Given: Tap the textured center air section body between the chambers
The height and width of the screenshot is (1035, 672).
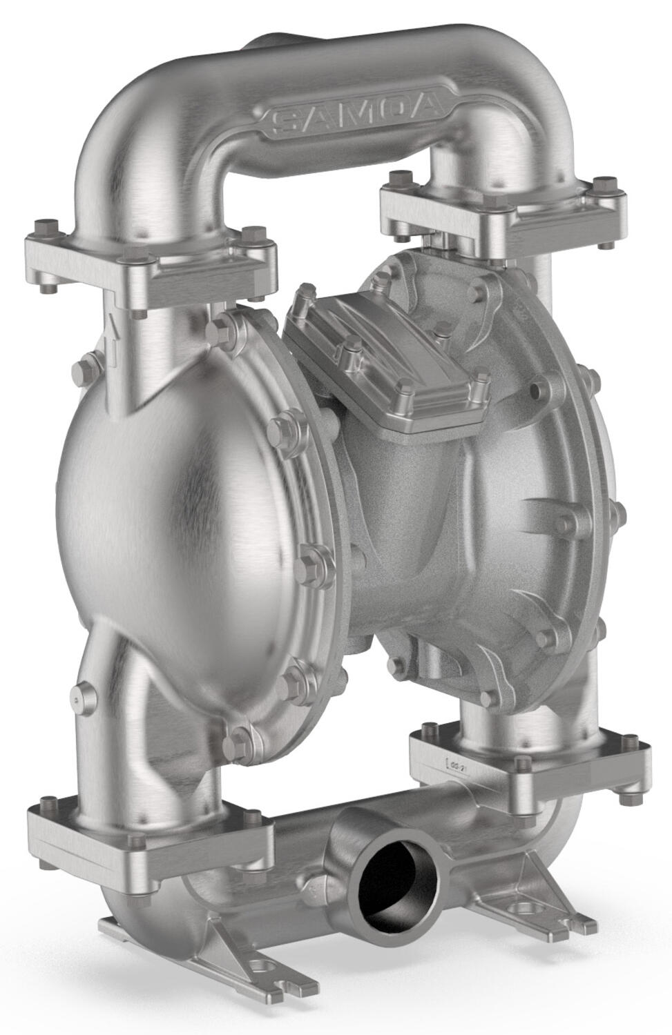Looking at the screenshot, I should point(407,517).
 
